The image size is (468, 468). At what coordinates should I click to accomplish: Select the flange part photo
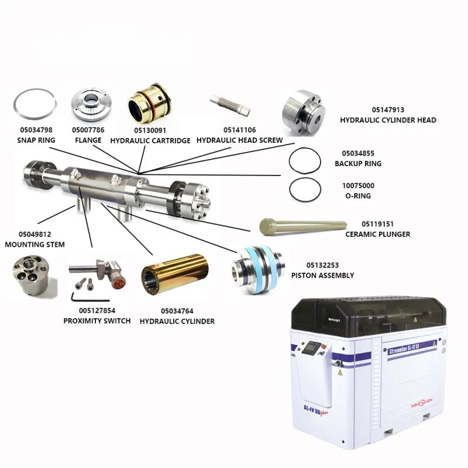pos(91,105)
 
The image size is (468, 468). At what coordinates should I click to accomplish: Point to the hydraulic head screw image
pos(230,105)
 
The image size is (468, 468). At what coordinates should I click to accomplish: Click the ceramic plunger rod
pos(303,226)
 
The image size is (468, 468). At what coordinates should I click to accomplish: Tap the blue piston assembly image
pos(258,269)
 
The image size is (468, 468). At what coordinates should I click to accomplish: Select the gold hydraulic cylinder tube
pos(174,274)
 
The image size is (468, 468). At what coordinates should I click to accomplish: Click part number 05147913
pos(388,110)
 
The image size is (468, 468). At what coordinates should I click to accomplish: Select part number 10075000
pos(358,185)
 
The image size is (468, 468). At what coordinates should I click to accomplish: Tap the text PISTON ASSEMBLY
pos(323,275)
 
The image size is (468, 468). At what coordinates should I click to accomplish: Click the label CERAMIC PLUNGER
pos(377,235)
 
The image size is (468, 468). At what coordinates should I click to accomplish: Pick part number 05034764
pos(177,311)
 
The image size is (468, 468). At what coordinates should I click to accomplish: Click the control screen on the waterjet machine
pos(311,347)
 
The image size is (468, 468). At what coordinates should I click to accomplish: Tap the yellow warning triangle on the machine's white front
pos(340,373)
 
